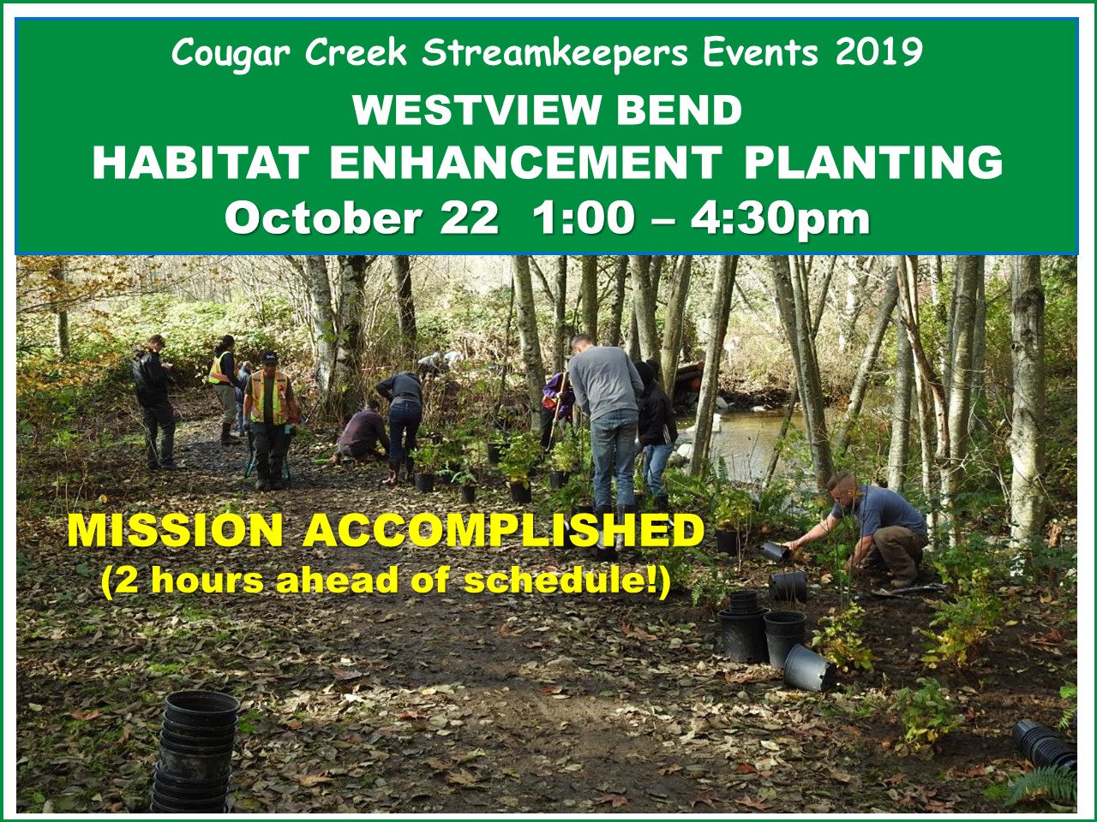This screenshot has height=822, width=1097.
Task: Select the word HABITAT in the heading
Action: [x=201, y=163]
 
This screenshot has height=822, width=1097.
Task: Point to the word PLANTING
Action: [x=873, y=163]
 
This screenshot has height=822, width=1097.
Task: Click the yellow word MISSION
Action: [x=176, y=531]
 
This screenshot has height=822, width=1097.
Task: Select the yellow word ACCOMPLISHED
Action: [x=503, y=531]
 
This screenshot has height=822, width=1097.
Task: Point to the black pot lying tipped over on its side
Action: [x=809, y=668]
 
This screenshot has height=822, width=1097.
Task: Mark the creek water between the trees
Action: [x=750, y=439]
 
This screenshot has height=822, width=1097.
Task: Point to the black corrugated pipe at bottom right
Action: [x=1045, y=746]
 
